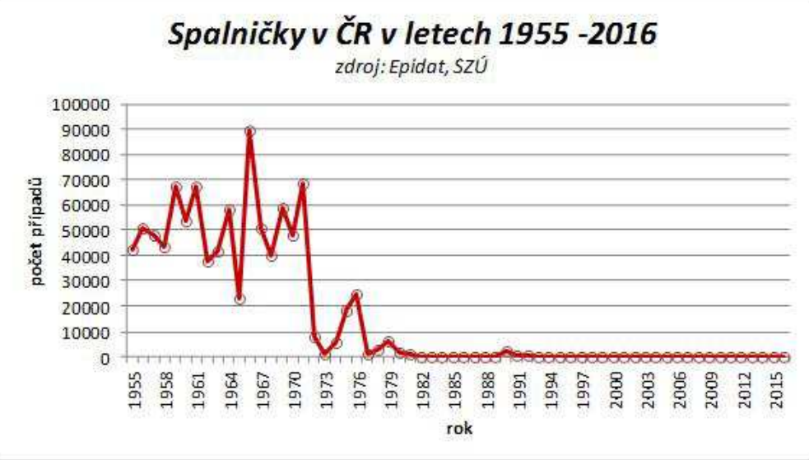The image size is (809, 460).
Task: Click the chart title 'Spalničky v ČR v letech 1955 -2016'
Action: click(411, 35)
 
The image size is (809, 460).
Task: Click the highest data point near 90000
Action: click(249, 131)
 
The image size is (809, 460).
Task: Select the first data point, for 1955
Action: click(133, 249)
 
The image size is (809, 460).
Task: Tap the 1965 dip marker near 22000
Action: click(239, 300)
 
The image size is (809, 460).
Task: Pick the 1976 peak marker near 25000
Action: click(356, 294)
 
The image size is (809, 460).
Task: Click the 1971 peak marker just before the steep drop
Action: click(303, 184)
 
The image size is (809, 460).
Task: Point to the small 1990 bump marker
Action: click(506, 352)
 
